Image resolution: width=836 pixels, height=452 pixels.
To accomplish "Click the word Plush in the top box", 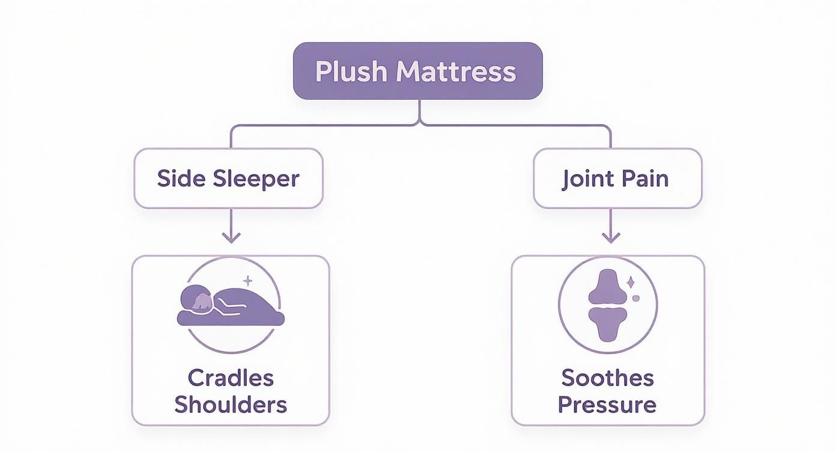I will click(351, 72).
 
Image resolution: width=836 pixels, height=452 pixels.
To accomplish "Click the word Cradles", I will click(231, 378).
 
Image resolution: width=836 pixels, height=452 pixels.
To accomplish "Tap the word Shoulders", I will click(231, 404).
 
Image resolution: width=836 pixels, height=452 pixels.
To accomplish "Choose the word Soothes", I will click(607, 378).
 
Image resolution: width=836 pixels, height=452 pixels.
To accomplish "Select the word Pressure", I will click(607, 404).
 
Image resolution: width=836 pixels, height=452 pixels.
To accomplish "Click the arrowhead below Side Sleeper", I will click(231, 237).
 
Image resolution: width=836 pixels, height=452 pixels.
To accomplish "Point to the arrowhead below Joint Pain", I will click(611, 237).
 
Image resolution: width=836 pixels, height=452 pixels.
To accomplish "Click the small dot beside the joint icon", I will click(637, 297).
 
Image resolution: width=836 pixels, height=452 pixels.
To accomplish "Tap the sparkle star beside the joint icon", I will click(630, 281).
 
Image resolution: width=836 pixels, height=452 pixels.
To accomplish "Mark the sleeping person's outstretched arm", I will click(231, 307).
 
